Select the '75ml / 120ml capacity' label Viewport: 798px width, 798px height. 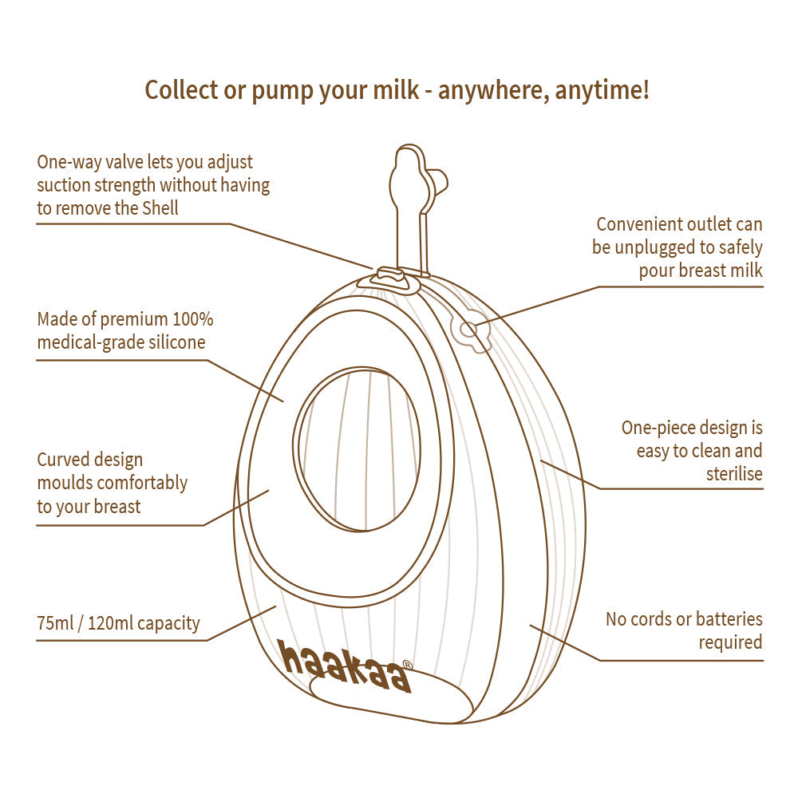tap(118, 622)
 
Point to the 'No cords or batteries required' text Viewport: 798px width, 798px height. tap(684, 630)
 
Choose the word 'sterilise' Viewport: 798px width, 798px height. tap(734, 474)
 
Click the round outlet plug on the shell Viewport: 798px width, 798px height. tap(469, 330)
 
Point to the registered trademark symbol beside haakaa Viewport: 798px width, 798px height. tap(407, 665)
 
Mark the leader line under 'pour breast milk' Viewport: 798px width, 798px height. tap(678, 286)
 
